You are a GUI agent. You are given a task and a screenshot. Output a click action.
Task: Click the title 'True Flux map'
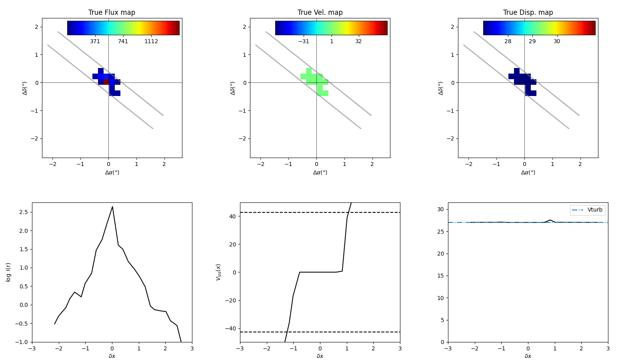[x=112, y=12]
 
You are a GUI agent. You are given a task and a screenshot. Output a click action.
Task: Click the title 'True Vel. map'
[x=320, y=12]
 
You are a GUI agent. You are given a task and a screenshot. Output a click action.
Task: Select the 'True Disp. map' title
[x=528, y=12]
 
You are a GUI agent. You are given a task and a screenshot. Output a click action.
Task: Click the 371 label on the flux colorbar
[x=95, y=41]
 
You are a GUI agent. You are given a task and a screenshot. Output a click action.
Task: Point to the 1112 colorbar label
[x=151, y=41]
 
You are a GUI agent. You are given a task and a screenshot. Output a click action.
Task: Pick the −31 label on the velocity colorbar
[x=303, y=41]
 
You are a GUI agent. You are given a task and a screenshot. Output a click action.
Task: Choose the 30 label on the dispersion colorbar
[x=557, y=41]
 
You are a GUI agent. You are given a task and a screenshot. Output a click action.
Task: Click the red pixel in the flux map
[x=106, y=82]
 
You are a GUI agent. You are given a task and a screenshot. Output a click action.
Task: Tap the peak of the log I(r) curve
[x=112, y=207]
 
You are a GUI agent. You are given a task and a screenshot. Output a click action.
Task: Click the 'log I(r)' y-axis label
[x=8, y=272]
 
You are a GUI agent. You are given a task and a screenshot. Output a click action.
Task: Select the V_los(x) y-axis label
[x=218, y=272]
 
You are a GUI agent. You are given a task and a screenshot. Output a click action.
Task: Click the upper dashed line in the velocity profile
[x=280, y=212]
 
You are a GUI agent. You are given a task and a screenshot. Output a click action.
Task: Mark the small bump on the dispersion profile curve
[x=550, y=220]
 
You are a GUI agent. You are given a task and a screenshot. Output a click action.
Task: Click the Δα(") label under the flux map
[x=112, y=172]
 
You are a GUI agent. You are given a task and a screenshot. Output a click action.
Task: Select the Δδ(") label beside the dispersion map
[x=441, y=88]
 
